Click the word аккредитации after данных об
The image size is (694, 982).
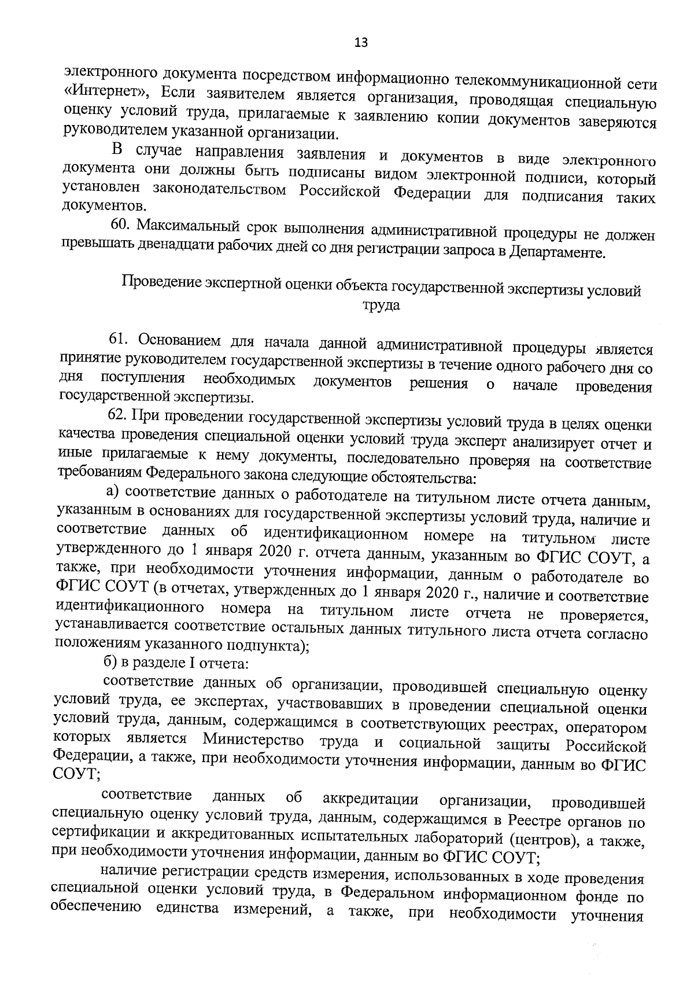[x=370, y=799]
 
